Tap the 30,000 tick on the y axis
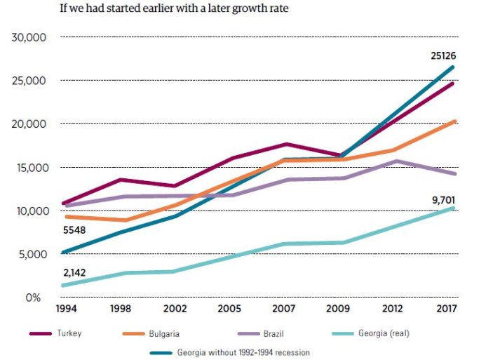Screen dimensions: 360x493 29,37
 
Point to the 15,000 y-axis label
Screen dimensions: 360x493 29,168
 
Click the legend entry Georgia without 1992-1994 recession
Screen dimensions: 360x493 243,352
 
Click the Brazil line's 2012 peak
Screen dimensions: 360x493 397,161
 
